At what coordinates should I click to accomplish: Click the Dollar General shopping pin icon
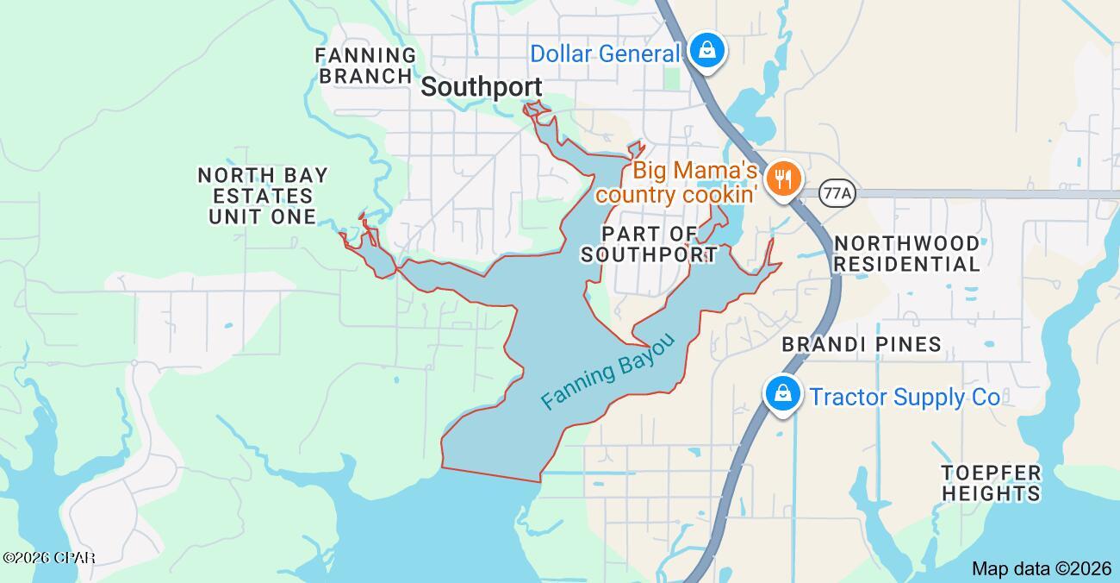(707, 50)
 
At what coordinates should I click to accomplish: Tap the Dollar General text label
(605, 53)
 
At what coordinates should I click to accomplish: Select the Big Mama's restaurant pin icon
(783, 179)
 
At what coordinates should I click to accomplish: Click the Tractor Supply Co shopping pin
(782, 394)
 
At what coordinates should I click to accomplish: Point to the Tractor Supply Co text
(905, 397)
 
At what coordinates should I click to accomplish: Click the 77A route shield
(837, 192)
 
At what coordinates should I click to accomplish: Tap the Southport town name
(482, 87)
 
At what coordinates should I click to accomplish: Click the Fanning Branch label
(365, 66)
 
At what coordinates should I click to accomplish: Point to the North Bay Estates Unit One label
(263, 196)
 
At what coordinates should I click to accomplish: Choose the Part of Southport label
(649, 244)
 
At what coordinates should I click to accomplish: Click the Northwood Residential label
(906, 254)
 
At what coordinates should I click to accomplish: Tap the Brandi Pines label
(861, 344)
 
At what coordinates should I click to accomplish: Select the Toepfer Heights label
(991, 483)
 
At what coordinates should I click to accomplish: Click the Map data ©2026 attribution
(1042, 568)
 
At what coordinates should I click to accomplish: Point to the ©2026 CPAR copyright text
(48, 558)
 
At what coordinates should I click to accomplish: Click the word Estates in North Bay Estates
(263, 196)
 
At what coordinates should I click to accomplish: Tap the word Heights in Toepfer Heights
(991, 493)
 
